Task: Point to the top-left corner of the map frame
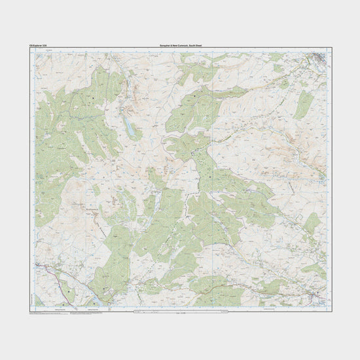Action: click(x=31, y=49)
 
